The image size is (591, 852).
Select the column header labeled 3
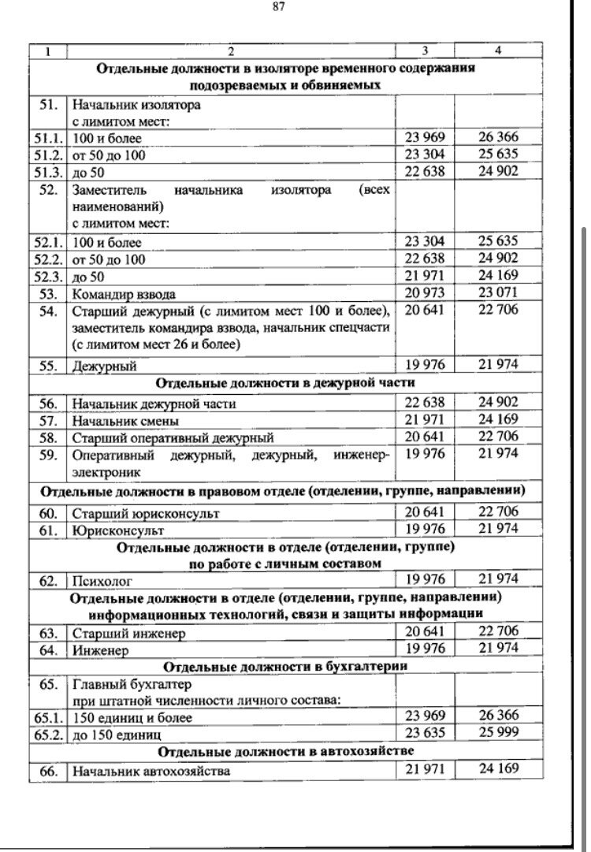tap(425, 51)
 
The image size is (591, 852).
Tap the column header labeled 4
tap(498, 51)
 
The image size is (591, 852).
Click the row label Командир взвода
tap(124, 295)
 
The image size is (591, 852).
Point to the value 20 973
tap(425, 293)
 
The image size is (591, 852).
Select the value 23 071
tap(498, 293)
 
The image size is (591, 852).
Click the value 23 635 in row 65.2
tap(425, 732)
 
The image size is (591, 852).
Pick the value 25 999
tap(498, 732)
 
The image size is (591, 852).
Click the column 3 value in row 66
tap(425, 768)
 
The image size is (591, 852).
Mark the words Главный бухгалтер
tap(132, 684)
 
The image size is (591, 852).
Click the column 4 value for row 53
tap(498, 293)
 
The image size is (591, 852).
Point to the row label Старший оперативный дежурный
tap(173, 437)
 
